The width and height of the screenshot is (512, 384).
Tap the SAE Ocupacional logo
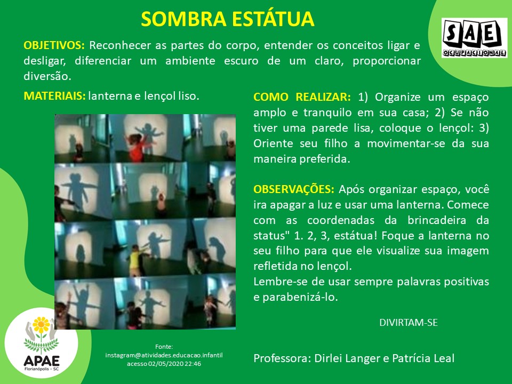point(474,38)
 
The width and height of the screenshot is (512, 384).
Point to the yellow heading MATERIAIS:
point(54,96)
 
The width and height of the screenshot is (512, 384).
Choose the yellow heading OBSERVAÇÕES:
point(294,189)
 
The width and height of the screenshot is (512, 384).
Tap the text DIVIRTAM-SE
point(409,323)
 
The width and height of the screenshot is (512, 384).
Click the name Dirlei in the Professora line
point(328,358)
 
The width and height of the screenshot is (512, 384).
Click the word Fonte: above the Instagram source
point(164,347)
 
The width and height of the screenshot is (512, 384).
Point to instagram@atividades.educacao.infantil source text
point(164,355)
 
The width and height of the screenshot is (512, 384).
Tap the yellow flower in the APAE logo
point(41,325)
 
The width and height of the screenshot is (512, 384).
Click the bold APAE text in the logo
point(42,361)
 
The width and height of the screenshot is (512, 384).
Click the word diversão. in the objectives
point(47,76)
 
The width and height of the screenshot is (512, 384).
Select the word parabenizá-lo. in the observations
point(300,298)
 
